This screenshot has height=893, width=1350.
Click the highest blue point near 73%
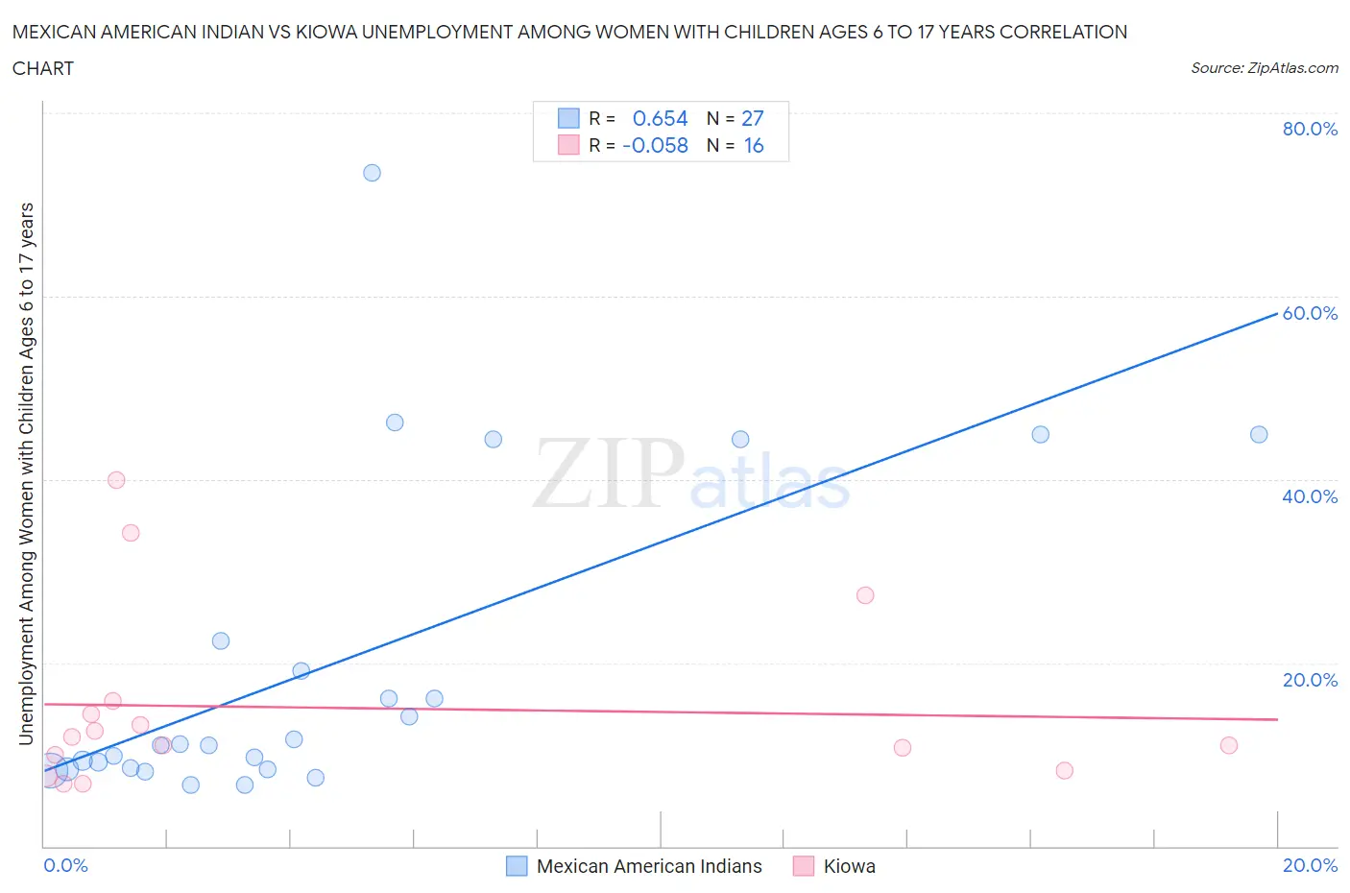(x=372, y=173)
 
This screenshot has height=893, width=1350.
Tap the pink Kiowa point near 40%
(x=116, y=480)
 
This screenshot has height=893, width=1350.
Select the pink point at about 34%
(x=131, y=533)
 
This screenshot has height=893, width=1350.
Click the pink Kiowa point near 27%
(x=865, y=595)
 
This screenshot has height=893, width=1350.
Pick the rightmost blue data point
(x=1259, y=435)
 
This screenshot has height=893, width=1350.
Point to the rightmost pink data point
(x=1229, y=745)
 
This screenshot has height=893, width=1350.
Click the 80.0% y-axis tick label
(x=1310, y=129)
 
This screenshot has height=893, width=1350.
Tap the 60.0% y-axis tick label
(x=1310, y=313)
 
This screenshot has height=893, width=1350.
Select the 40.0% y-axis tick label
(x=1310, y=496)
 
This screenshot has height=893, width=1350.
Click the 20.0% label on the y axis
(x=1310, y=680)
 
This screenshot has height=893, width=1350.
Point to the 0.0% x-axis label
(x=65, y=865)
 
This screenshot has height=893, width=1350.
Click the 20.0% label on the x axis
(x=1310, y=865)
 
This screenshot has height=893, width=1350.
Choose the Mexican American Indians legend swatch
(x=517, y=866)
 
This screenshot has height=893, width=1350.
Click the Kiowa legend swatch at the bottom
(x=804, y=866)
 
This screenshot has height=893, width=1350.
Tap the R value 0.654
(x=660, y=118)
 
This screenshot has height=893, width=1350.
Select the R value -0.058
(x=655, y=145)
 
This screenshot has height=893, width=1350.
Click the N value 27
(x=753, y=118)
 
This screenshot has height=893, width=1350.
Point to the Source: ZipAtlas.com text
(x=1264, y=67)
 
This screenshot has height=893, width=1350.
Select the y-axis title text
(x=26, y=473)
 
